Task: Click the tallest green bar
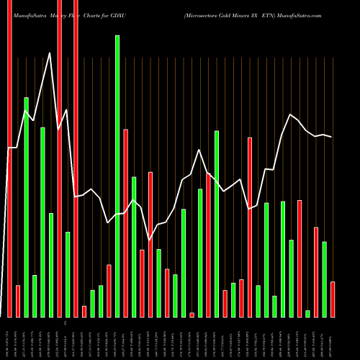(117, 176)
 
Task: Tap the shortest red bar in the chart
(192, 315)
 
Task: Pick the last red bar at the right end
(333, 299)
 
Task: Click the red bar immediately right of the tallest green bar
(126, 222)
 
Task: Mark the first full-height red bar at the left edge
(10, 158)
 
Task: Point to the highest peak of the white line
(50, 53)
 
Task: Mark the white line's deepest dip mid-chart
(150, 240)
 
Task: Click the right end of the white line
(331, 137)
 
